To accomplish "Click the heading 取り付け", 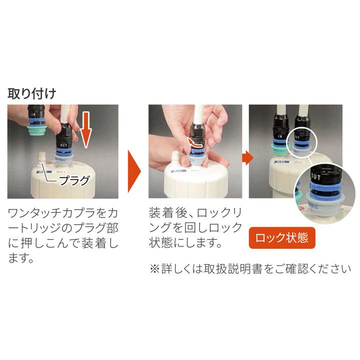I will pos(31,93).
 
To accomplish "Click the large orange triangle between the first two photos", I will pos(133,170).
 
